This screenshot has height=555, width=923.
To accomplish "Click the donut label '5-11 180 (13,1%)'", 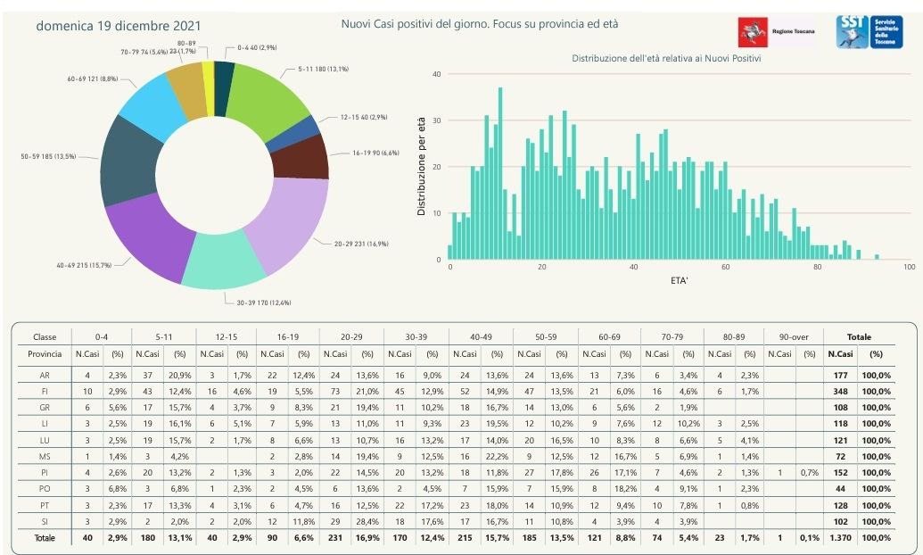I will (x=317, y=69).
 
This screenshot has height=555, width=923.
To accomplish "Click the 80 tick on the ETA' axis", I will (x=817, y=268).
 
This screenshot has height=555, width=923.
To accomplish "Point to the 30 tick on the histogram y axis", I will (x=436, y=120).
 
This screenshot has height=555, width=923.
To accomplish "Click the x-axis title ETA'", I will (x=679, y=281).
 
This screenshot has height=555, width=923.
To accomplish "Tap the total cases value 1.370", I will (x=840, y=538).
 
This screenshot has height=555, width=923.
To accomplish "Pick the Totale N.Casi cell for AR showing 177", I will (x=840, y=377).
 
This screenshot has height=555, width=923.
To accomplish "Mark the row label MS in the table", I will (x=45, y=457).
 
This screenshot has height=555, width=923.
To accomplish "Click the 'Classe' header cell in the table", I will (x=45, y=337).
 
